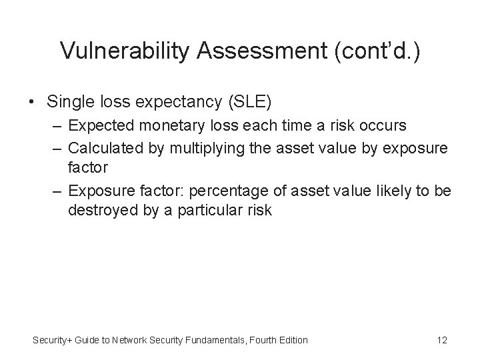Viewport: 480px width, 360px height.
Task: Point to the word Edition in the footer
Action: coord(291,340)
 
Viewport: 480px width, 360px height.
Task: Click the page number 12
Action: coord(441,340)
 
